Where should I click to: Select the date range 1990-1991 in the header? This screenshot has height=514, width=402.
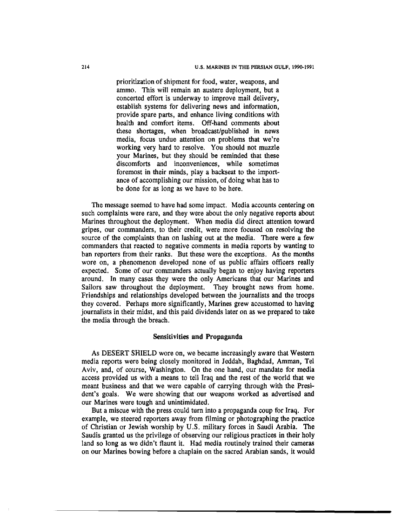[299, 66]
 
